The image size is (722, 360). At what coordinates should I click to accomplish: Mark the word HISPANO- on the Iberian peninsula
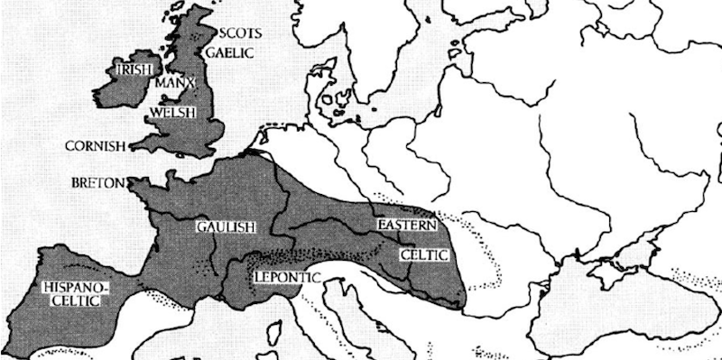(74, 288)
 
